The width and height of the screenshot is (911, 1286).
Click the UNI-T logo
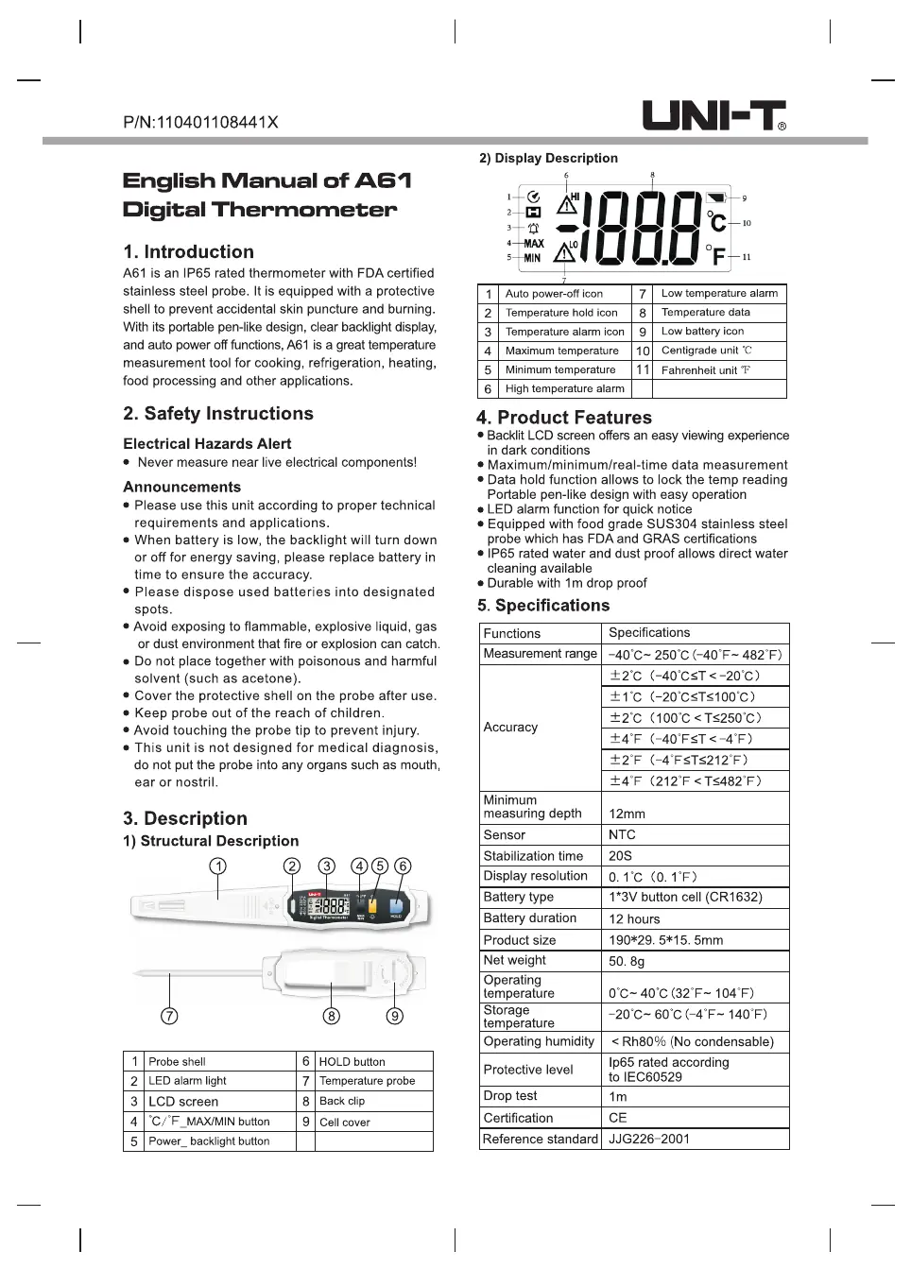click(713, 116)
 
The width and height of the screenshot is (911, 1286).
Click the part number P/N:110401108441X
click(200, 122)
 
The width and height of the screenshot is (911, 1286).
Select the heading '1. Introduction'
click(188, 252)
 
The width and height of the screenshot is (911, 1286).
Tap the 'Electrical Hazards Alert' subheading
click(207, 444)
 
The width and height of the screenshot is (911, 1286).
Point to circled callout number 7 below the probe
click(169, 1016)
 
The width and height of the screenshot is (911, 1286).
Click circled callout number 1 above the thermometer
click(217, 866)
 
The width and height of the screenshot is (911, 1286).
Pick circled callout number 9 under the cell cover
click(395, 1016)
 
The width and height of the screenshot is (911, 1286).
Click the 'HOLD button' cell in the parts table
click(352, 1062)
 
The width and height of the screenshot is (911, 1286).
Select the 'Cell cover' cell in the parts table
click(345, 1122)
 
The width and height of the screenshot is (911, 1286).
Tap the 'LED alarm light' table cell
click(187, 1081)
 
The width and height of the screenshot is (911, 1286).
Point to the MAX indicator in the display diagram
click(534, 243)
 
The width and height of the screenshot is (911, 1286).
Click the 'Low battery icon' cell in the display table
click(702, 332)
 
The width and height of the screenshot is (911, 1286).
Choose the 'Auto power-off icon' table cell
click(554, 294)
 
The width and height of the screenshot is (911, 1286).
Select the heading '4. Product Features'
click(563, 418)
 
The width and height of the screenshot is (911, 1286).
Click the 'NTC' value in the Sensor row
click(622, 835)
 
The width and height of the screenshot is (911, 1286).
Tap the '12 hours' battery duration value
click(634, 918)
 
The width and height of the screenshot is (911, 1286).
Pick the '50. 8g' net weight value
click(627, 961)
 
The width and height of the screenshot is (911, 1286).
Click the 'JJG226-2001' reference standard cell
click(649, 1139)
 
